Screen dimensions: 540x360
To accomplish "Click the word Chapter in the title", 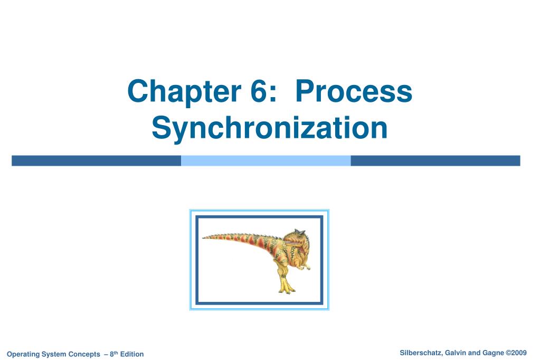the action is coord(184,91).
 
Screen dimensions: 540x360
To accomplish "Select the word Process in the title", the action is coord(354,91).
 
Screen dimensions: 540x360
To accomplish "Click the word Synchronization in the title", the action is coord(270,128).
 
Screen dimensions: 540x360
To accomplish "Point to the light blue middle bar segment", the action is coord(266,160).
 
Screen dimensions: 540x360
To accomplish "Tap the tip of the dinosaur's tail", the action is coord(203,238).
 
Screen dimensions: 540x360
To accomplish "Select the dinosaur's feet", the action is coord(287,289).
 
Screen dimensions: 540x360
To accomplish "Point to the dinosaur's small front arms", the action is coord(305,266).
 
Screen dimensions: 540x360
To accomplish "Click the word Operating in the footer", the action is coord(23,354).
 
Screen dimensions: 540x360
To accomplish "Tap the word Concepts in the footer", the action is coord(84,354).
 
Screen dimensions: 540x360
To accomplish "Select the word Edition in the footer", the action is coord(132,354).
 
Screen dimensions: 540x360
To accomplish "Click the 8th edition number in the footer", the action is coord(114,354).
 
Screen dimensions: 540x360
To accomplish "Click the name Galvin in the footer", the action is coord(456,353).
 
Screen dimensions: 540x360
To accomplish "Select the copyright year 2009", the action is coord(519,353).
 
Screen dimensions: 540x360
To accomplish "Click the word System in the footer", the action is coord(54,354).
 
